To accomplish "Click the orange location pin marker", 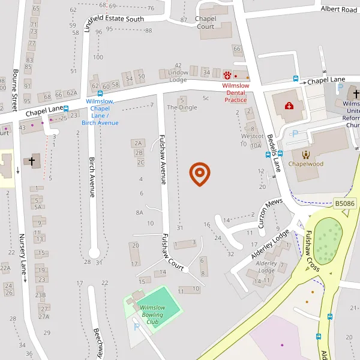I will (x=199, y=173).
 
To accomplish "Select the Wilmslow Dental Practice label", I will (x=236, y=92).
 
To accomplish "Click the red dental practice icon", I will (x=227, y=75).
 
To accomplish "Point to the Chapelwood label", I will (x=306, y=163).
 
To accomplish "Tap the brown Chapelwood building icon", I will (x=305, y=154).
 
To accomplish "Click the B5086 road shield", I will (x=344, y=204).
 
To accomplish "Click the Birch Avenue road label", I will (x=92, y=178).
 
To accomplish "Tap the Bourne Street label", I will (x=15, y=91).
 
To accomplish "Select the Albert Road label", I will (x=338, y=10).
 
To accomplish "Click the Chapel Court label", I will (x=206, y=23).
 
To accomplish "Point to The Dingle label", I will (x=182, y=107).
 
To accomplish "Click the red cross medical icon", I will (x=289, y=106).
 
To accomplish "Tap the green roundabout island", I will (x=328, y=240).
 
